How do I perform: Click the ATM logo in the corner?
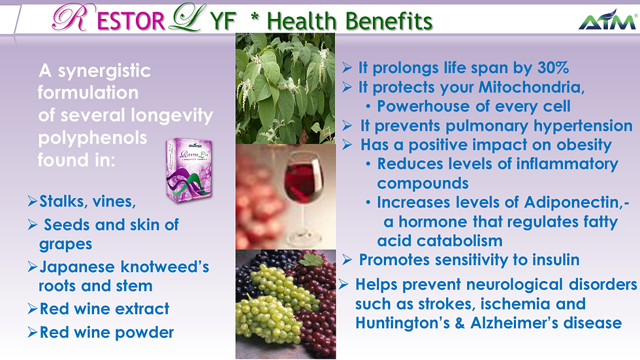pyautogui.click(x=608, y=20)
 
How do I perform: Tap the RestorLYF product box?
pyautogui.click(x=189, y=171)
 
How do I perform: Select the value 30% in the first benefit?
pyautogui.click(x=553, y=68)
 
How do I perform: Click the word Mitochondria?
pyautogui.click(x=532, y=87)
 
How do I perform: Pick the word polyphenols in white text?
pyautogui.click(x=93, y=139)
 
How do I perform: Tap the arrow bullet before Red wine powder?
pyautogui.click(x=33, y=333)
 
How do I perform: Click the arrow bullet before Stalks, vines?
pyautogui.click(x=33, y=201)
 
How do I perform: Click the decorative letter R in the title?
pyautogui.click(x=71, y=18)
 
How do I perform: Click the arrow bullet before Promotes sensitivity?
pyautogui.click(x=347, y=259)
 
